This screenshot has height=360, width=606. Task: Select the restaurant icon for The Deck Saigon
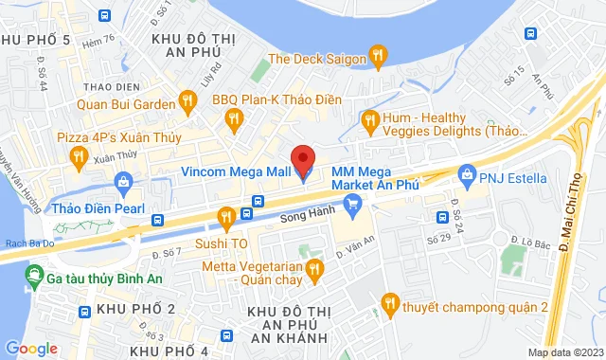[x=379, y=57]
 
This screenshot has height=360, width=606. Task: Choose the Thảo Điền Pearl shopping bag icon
[x=122, y=181]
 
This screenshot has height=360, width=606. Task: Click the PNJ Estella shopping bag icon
[x=467, y=175]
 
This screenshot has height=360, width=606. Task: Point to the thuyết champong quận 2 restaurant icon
[x=388, y=304]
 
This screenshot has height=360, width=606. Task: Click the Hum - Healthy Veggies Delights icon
[x=370, y=118]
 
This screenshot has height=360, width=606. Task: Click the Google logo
[x=31, y=348]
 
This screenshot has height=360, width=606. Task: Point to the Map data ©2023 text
[x=564, y=352]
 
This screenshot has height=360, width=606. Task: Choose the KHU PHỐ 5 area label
[x=35, y=39]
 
